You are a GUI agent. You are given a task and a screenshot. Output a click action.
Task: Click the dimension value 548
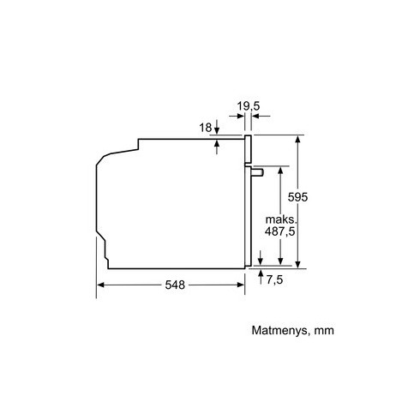click(175, 285)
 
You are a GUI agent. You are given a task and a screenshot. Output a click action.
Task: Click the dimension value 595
click(297, 197)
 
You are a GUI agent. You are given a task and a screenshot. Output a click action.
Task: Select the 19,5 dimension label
click(249, 106)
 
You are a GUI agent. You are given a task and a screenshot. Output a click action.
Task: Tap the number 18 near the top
click(206, 128)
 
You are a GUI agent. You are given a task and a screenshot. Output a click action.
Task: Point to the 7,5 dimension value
click(274, 279)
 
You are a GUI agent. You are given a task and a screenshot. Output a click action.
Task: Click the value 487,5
click(279, 231)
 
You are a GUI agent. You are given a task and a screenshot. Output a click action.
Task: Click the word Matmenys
click(279, 331)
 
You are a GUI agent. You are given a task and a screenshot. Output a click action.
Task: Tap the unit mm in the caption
click(324, 331)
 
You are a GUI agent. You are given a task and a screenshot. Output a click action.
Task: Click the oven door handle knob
click(257, 172)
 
